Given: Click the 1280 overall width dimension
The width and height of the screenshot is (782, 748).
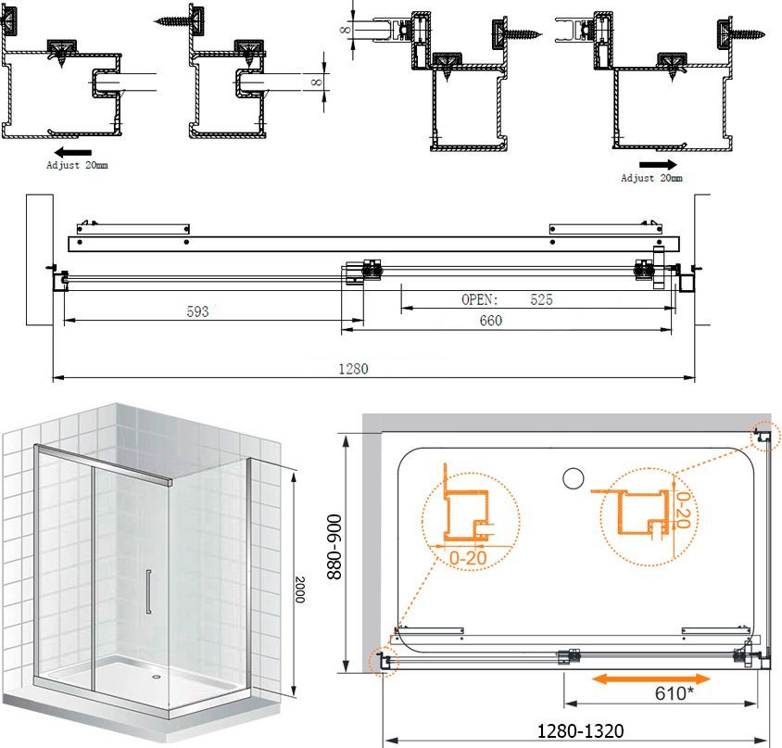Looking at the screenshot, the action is coord(353,369).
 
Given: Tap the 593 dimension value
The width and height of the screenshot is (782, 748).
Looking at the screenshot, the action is coord(197,311).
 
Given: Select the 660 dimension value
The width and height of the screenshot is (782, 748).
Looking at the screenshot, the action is coord(491,321).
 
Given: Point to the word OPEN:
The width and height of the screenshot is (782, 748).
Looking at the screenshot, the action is coord(480,299).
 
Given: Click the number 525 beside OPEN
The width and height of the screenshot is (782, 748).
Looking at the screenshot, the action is coord(541,299).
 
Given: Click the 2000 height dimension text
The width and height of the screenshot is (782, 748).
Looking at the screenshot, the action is coord(299,590).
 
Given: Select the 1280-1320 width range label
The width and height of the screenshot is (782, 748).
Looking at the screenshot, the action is coord(580,731).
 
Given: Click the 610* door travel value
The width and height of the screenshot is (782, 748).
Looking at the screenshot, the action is coord(675,693).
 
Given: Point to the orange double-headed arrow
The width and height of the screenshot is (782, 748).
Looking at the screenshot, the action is coord(650,678).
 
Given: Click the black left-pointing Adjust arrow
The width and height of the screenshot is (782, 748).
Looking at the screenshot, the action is coord(73,152).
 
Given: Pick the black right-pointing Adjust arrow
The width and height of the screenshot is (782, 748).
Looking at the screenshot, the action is coord(658,165).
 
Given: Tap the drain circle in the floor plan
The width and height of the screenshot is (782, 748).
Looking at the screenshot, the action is coord(573,478).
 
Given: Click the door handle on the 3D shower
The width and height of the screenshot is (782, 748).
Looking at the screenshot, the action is coord(148,591).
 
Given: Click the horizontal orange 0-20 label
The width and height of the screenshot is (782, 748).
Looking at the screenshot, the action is coord(468,558).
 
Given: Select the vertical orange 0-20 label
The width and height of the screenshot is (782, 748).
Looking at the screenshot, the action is coord(683,510).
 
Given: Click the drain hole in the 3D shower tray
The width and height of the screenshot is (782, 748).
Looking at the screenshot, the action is coord(156,678).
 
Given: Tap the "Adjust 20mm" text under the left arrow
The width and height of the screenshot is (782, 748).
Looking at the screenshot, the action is coord(77,165).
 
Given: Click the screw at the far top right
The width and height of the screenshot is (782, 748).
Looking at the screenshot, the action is coord(748,34).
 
